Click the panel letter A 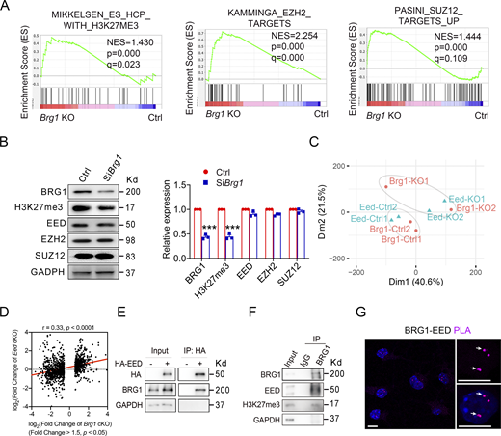tap(9, 7)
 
